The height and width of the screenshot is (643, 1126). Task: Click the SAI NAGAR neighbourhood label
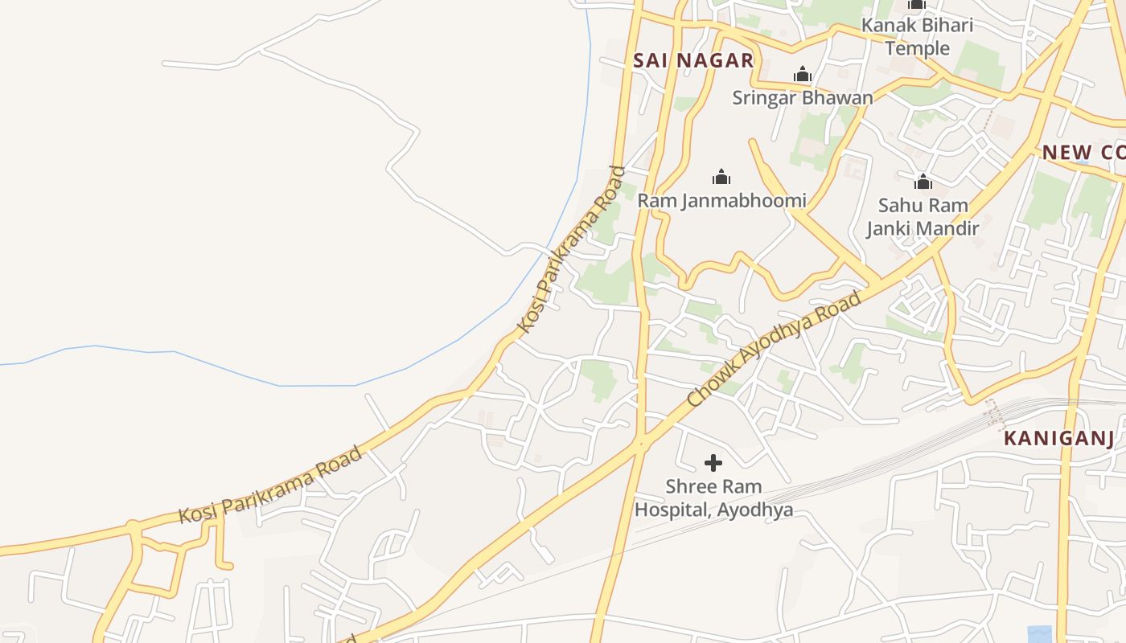[x=692, y=60]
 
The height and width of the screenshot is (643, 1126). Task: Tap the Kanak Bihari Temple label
[x=917, y=36]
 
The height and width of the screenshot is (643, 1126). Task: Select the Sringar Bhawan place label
[x=802, y=98]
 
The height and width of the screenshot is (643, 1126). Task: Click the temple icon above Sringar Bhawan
[x=802, y=76]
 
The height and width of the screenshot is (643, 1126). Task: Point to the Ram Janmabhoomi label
[x=721, y=200]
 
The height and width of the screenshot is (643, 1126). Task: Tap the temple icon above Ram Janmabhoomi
[x=721, y=177]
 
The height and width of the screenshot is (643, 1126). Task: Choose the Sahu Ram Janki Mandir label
[x=923, y=216]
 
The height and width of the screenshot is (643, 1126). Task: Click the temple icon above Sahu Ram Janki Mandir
[x=923, y=182]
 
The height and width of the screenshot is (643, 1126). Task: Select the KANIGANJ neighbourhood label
[x=1058, y=439]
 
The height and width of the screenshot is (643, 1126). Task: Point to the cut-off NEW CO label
[x=1083, y=153]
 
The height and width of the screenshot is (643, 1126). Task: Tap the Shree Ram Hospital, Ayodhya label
[x=713, y=498]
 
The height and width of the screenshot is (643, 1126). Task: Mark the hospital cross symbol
[x=713, y=463]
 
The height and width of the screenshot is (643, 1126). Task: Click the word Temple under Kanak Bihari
[x=917, y=48]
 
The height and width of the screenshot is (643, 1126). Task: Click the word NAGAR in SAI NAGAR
[x=714, y=60]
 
